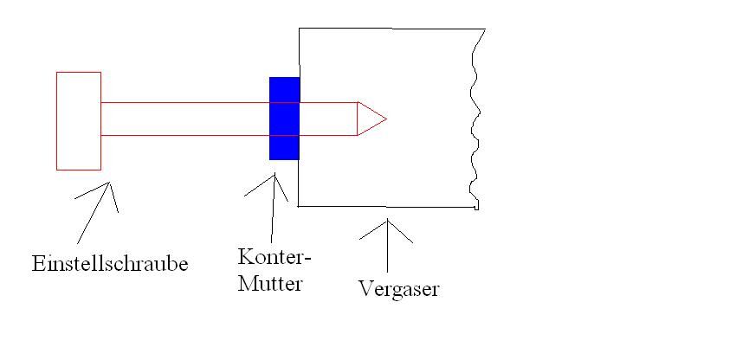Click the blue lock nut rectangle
pos(284,119)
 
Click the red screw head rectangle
pos(79,120)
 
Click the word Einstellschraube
pos(110,263)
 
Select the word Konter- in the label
pos(274,257)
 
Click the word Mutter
pos(270,282)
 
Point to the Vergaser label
pos(399,288)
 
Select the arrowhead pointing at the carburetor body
pos(387,223)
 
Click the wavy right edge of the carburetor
pos(475,121)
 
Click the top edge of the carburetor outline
pos(390,29)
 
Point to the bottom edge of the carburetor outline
pos(390,207)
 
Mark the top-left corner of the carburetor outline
pos(300,29)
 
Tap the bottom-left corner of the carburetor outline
pos(300,206)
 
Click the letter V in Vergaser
pos(365,288)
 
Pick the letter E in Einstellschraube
pos(36,263)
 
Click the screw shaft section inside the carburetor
pos(329,119)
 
